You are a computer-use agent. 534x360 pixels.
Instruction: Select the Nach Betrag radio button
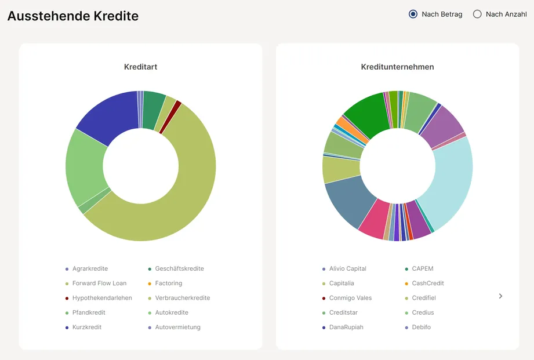(413, 14)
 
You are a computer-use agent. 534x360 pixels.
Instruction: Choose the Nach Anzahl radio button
(477, 14)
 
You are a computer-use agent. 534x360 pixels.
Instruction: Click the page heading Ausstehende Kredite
(73, 16)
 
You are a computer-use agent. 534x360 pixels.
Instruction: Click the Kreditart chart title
(140, 67)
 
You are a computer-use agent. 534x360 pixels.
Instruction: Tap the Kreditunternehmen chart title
(397, 67)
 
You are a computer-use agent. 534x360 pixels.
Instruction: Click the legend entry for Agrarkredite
(90, 268)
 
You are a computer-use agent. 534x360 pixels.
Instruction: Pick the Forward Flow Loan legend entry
(99, 283)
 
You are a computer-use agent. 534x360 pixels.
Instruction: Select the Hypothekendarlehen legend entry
(102, 298)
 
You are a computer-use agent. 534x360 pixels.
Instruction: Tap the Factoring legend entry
(168, 283)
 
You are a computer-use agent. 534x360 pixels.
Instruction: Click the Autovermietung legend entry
(177, 327)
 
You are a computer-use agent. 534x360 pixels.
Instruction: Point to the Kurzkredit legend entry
(87, 327)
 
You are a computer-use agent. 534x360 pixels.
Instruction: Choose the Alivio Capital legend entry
(347, 268)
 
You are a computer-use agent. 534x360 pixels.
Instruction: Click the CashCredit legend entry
(428, 283)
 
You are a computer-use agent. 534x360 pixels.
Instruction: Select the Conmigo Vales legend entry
(350, 298)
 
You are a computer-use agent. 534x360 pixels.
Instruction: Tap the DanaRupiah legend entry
(346, 327)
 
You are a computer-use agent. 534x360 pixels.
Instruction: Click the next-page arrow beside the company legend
(500, 296)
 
